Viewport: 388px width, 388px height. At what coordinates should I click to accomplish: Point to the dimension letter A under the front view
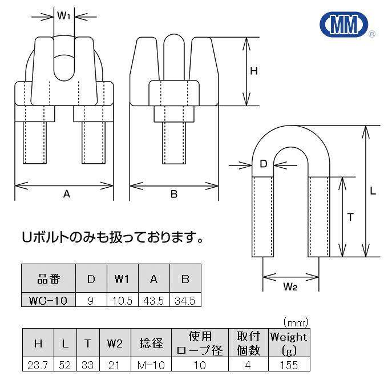pos(66,195)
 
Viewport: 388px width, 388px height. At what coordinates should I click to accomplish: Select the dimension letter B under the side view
pos(173,195)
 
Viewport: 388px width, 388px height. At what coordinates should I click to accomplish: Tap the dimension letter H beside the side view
pos(254,71)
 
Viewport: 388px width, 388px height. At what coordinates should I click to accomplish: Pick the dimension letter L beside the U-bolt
pos(373,192)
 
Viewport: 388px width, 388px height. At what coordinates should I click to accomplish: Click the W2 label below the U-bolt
pos(290,287)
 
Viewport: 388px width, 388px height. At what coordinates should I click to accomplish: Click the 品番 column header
pos(48,280)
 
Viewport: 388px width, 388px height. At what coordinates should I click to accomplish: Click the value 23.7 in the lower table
pos(38,365)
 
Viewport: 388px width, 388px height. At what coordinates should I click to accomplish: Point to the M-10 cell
pos(151,365)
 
